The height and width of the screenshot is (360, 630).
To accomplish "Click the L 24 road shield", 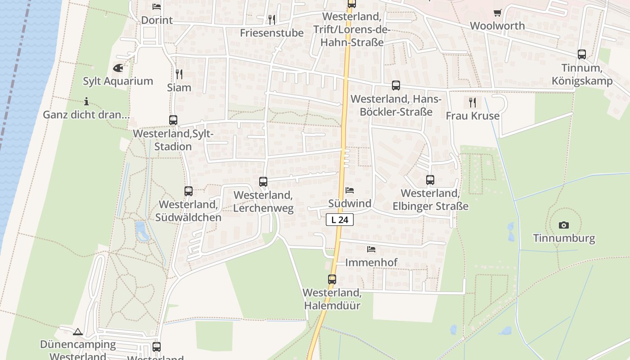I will [340, 220].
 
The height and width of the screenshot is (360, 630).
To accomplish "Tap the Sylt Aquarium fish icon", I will [118, 68].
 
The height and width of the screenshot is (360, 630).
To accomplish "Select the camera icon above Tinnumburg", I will [563, 225].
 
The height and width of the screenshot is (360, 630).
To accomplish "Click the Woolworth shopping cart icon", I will [497, 13].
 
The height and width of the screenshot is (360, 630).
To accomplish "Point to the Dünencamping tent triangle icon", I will [78, 332].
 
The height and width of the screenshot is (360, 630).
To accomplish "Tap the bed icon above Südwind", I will [350, 190].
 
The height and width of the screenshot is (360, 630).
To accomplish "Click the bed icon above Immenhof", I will [371, 249].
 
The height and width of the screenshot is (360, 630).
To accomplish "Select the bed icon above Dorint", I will [157, 7].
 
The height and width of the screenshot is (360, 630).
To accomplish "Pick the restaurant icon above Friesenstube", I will [271, 19].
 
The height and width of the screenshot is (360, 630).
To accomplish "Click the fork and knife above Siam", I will [179, 74].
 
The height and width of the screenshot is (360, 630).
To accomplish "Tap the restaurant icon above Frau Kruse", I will [472, 103].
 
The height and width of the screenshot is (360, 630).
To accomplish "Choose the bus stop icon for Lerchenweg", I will [263, 182].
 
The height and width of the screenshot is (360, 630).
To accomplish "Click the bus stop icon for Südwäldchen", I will [189, 191].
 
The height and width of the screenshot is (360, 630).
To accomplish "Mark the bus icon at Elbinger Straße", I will [430, 180].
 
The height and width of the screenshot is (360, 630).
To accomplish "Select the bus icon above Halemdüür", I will [332, 279].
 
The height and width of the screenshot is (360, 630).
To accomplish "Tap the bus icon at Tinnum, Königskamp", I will [582, 54].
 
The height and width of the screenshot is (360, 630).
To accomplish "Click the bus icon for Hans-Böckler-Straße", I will [396, 85].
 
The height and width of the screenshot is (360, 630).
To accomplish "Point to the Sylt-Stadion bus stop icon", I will [173, 120].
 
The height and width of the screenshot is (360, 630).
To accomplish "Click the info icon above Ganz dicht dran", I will [86, 101].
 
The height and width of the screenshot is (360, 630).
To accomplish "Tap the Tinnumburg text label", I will [564, 238].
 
